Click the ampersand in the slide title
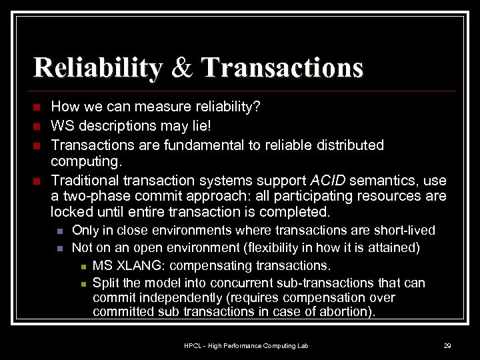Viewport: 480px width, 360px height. (180, 68)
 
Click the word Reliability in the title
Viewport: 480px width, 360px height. (97, 68)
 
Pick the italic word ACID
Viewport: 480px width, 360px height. (328, 181)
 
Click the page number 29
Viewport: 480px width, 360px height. (447, 345)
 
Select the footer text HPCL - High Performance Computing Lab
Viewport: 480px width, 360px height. (246, 345)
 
